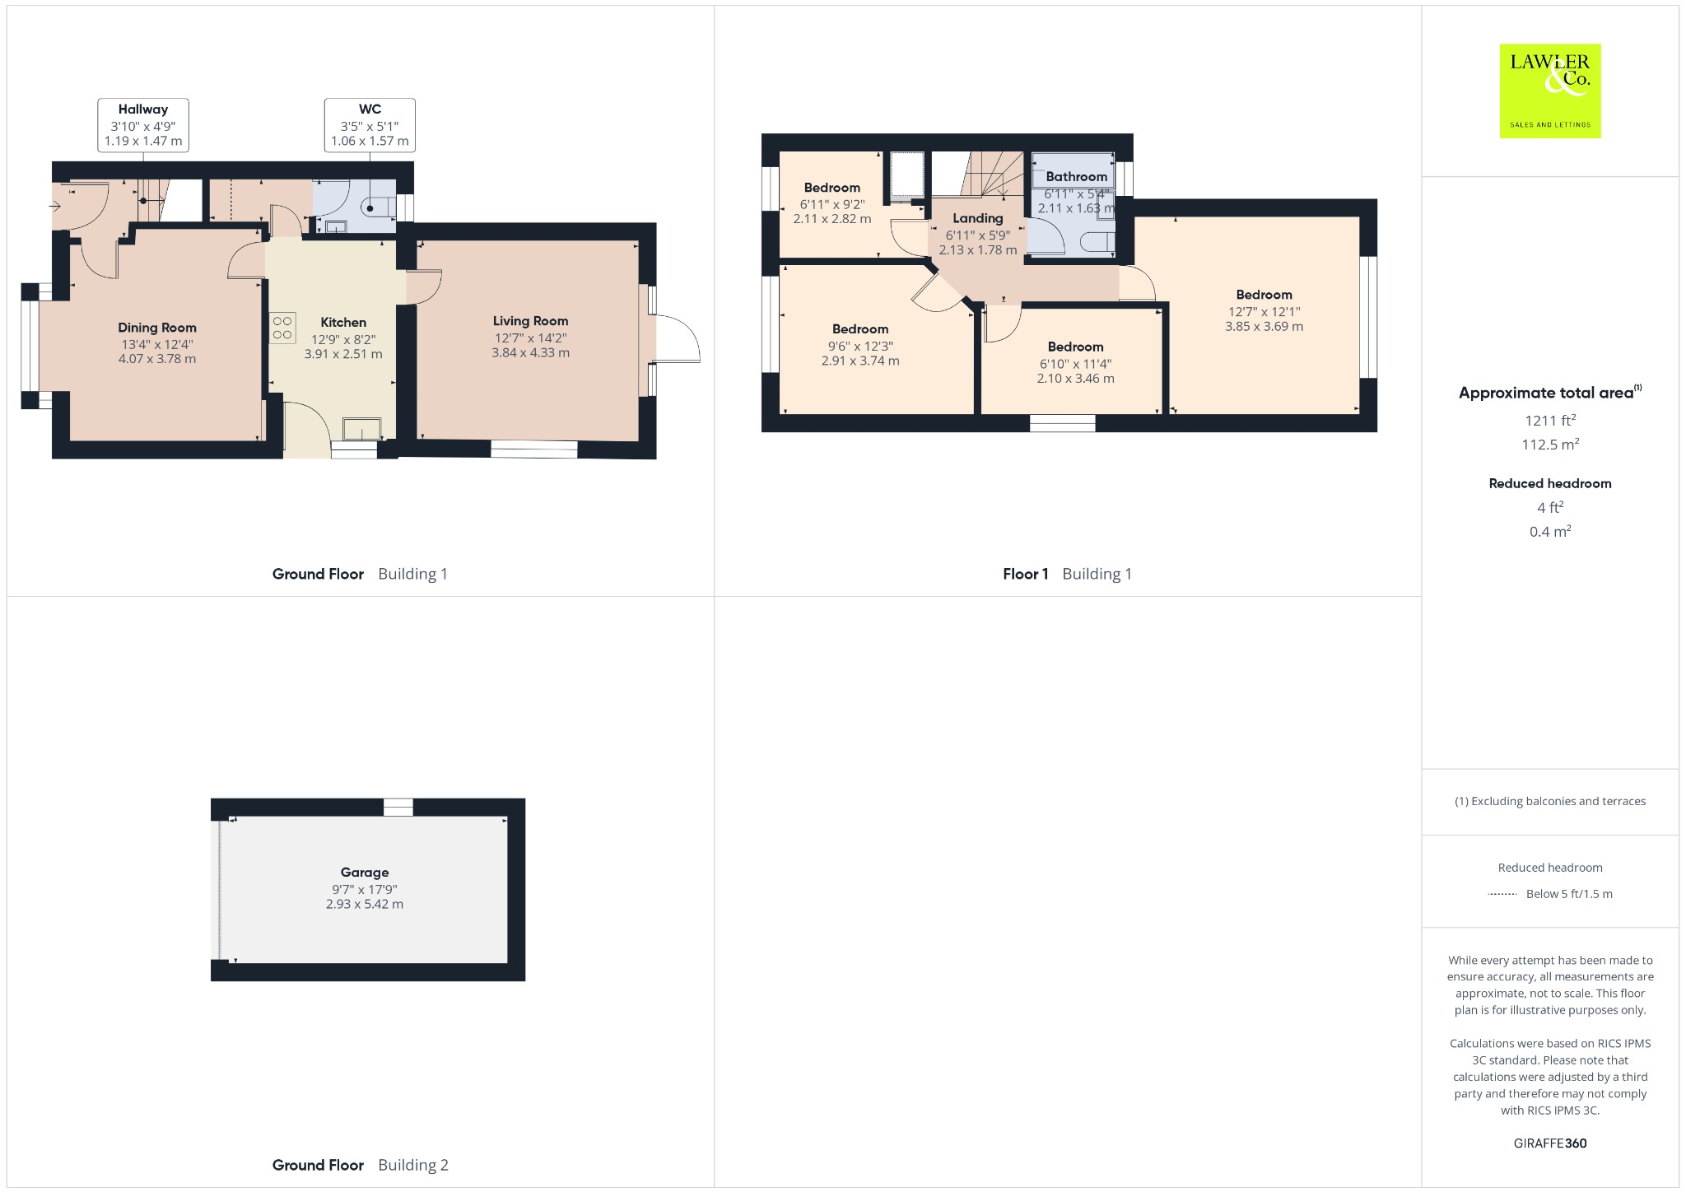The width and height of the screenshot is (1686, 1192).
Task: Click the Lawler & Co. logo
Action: [1549, 91]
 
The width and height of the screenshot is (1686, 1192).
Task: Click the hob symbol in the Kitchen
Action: [282, 328]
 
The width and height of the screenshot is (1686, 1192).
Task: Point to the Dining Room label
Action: [156, 328]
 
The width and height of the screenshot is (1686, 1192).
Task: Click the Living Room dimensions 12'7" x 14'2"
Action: [530, 338]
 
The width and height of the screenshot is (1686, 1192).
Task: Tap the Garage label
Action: [365, 872]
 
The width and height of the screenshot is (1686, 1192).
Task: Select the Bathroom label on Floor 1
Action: [1076, 176]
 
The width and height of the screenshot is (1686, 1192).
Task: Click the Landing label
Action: [978, 218]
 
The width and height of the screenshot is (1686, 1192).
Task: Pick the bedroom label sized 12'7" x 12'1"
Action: [1264, 295]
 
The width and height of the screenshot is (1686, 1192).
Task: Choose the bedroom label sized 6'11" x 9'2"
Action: [831, 188]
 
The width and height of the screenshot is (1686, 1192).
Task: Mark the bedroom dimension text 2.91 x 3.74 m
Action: [860, 361]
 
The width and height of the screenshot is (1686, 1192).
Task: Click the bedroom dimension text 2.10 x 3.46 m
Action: [1075, 379]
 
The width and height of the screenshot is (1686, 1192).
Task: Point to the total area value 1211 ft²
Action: [1549, 421]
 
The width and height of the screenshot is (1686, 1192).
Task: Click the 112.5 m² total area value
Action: [1549, 445]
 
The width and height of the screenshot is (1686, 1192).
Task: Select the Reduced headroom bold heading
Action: [1549, 483]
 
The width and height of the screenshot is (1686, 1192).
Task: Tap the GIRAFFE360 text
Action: [1549, 1143]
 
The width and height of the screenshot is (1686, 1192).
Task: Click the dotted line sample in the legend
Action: [1502, 894]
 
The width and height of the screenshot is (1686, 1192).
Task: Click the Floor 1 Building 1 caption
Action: [1067, 574]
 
